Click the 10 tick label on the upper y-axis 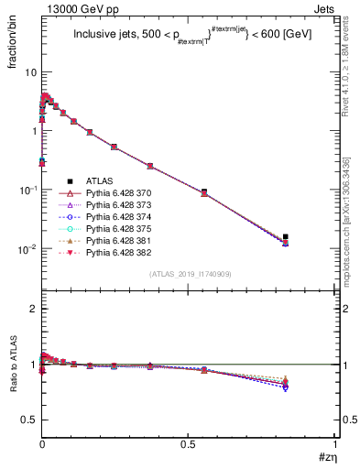click(x=29, y=71)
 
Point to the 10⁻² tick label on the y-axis click(x=27, y=249)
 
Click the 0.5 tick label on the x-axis click(x=189, y=443)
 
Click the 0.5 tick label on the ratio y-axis click(x=29, y=420)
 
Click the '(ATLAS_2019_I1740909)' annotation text click(x=189, y=275)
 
